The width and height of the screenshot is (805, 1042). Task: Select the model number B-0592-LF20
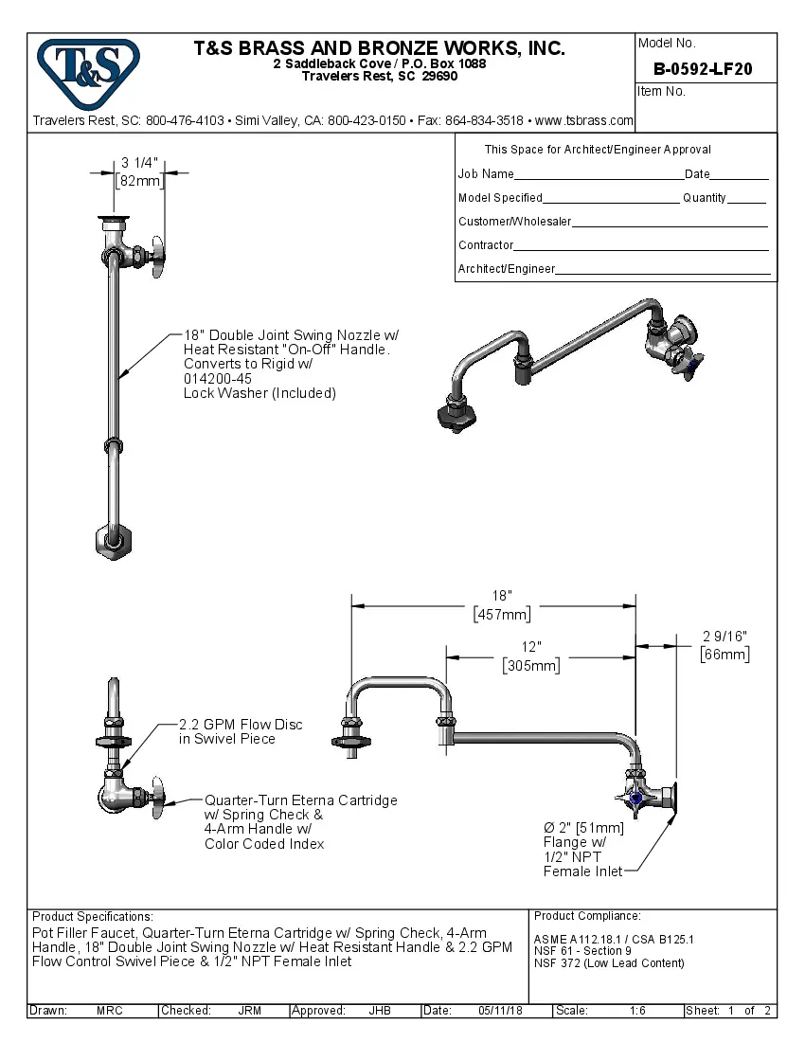pyautogui.click(x=704, y=69)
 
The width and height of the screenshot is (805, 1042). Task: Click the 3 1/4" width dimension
pyautogui.click(x=139, y=171)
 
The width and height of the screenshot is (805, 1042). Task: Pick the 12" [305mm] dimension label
pyautogui.click(x=531, y=656)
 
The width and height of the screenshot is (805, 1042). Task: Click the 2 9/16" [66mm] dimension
pyautogui.click(x=724, y=645)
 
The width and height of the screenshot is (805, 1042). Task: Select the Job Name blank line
pyautogui.click(x=599, y=176)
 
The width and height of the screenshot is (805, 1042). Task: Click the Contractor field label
pyautogui.click(x=486, y=245)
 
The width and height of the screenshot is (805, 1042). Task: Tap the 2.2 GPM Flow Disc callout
pyautogui.click(x=241, y=731)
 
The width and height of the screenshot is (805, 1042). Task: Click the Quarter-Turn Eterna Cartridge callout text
pyautogui.click(x=300, y=821)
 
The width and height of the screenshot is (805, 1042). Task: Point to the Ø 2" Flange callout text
pyautogui.click(x=583, y=849)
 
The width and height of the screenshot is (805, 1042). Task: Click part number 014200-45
pyautogui.click(x=218, y=378)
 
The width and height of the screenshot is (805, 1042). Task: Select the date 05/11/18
pyautogui.click(x=500, y=1011)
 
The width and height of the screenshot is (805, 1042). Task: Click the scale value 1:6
pyautogui.click(x=638, y=1011)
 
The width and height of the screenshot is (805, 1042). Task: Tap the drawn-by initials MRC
pyautogui.click(x=110, y=1011)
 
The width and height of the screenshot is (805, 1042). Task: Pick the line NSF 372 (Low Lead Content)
pyautogui.click(x=609, y=963)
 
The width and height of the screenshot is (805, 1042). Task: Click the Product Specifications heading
pyautogui.click(x=92, y=917)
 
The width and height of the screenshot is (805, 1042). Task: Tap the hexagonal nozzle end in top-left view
pyautogui.click(x=112, y=540)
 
